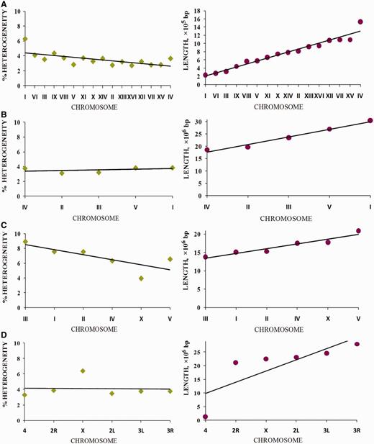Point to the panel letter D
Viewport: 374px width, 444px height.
[x=4, y=340]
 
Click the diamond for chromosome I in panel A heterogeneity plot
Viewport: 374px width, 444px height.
[x=25, y=39]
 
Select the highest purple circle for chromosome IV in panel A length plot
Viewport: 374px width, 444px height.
[x=360, y=22]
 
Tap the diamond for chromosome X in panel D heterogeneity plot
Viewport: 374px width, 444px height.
[x=83, y=371]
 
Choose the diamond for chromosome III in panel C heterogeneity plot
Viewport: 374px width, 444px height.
[x=25, y=242]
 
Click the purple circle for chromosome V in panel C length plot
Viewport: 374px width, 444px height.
[x=358, y=231]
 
